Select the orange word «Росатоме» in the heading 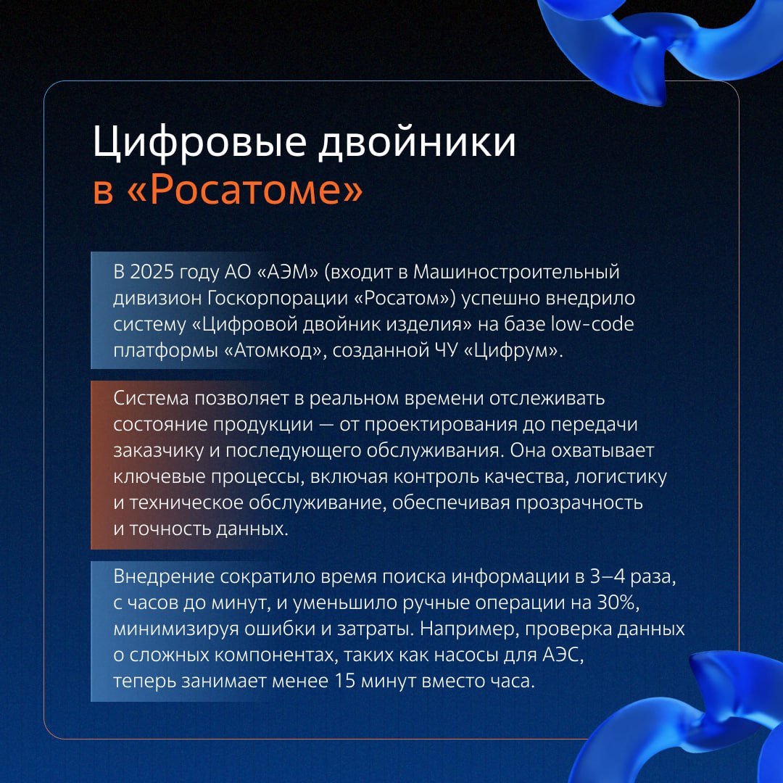(245, 190)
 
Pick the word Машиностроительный (516, 273)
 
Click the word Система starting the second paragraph (151, 399)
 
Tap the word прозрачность (579, 503)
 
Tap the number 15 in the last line (345, 681)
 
